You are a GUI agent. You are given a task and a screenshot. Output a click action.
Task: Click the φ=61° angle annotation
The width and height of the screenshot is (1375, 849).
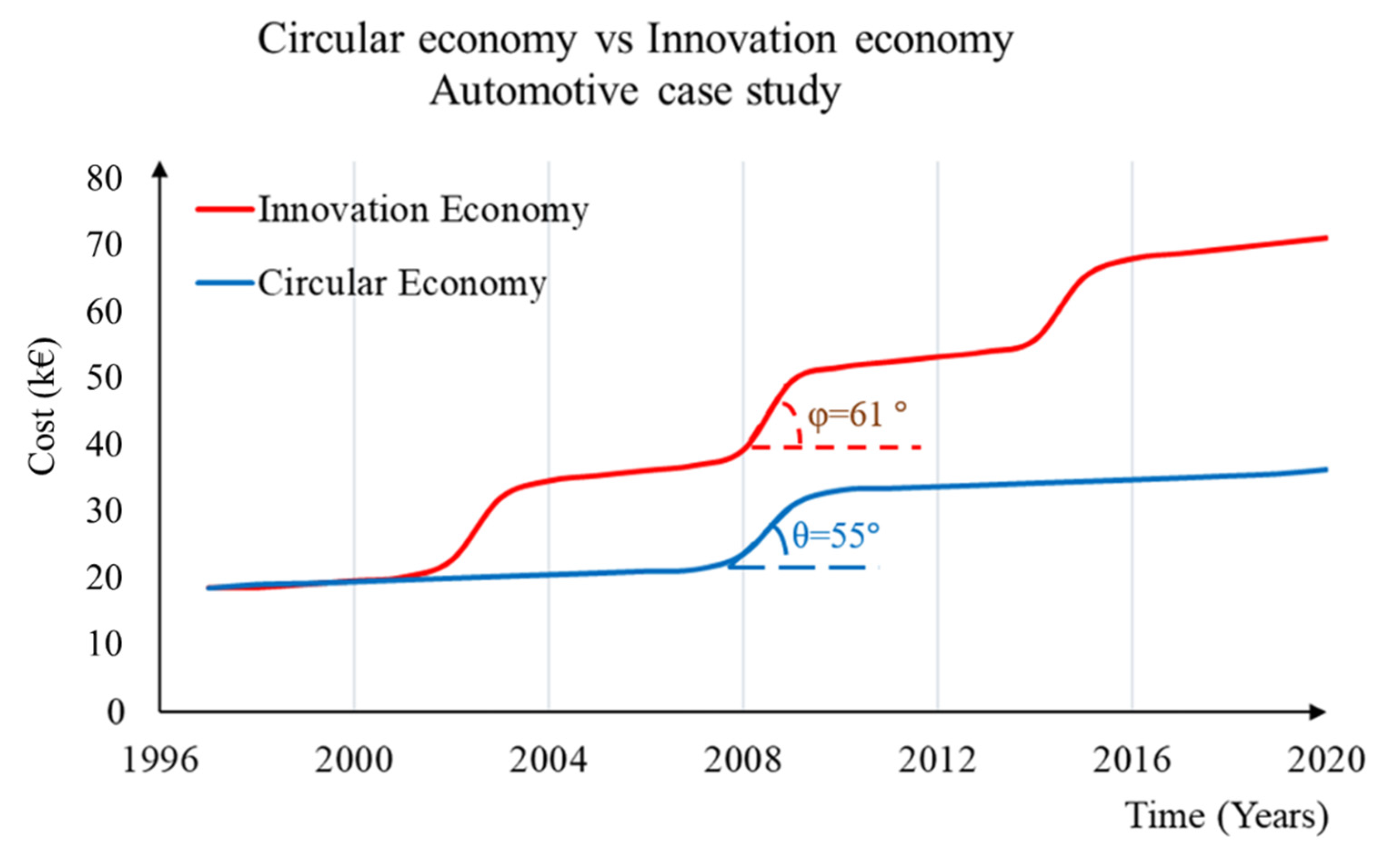(857, 416)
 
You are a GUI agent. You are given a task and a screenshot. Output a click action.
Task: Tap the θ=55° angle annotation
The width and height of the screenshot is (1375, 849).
(835, 536)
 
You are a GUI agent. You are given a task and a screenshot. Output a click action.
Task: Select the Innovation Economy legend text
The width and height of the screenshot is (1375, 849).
(423, 210)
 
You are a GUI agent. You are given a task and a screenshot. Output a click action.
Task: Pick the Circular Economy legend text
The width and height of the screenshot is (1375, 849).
(401, 283)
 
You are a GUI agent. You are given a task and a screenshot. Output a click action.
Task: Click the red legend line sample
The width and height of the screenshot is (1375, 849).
(225, 210)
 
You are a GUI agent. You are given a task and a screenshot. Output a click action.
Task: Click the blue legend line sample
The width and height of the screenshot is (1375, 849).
(225, 282)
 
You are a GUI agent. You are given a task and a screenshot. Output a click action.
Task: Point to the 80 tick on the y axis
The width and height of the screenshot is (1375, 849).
(105, 180)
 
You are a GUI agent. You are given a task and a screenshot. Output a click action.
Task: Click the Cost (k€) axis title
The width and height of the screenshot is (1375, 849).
(43, 406)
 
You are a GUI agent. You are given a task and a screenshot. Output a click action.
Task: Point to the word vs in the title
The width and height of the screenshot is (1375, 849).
(613, 40)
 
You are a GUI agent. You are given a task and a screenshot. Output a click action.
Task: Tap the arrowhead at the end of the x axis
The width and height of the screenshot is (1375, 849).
(1317, 712)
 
